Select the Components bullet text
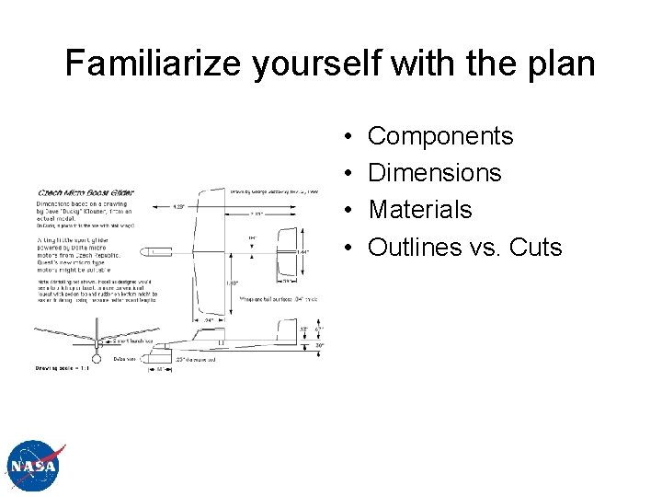click(439, 136)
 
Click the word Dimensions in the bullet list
click(434, 173)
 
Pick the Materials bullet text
click(419, 210)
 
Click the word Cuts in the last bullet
click(535, 247)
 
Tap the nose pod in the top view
click(152, 251)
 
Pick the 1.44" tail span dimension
click(302, 251)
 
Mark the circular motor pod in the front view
click(97, 351)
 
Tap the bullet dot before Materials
click(354, 211)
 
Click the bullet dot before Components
click(354, 137)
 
